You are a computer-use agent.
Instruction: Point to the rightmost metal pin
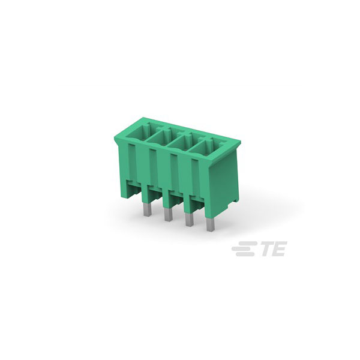pos(210,226)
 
